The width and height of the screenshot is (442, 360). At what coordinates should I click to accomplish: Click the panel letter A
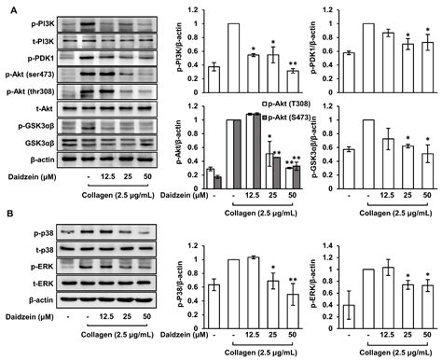pyautogui.click(x=7, y=7)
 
